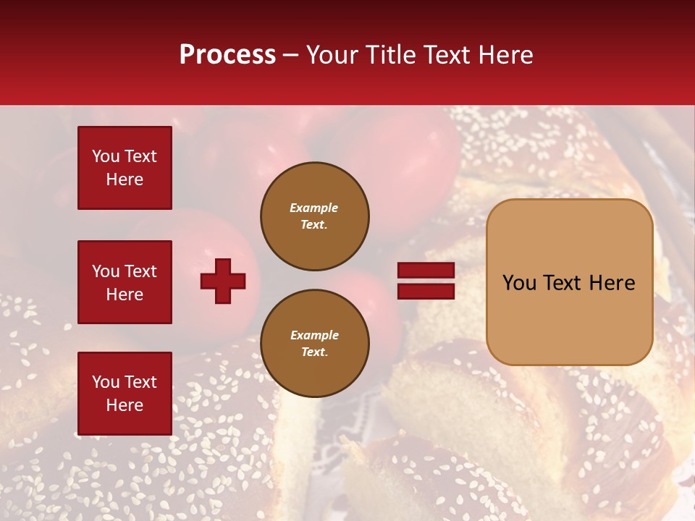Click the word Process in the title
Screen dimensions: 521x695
click(x=227, y=55)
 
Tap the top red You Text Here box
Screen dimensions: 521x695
click(x=125, y=168)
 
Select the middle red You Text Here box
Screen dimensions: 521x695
click(x=125, y=282)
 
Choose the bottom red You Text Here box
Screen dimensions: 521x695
click(x=125, y=394)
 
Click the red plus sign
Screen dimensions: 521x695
click(x=223, y=281)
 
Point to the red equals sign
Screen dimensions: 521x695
click(x=426, y=281)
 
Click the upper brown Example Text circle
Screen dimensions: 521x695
click(x=315, y=216)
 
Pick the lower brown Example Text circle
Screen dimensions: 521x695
click(x=315, y=344)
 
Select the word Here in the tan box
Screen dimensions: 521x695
click(x=612, y=282)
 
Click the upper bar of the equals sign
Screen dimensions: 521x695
click(x=426, y=271)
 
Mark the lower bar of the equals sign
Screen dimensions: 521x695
click(x=426, y=291)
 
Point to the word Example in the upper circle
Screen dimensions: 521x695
click(x=314, y=208)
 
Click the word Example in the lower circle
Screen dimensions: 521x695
click(x=314, y=336)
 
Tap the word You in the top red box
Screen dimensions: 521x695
click(x=105, y=156)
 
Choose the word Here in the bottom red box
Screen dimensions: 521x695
click(x=125, y=405)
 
